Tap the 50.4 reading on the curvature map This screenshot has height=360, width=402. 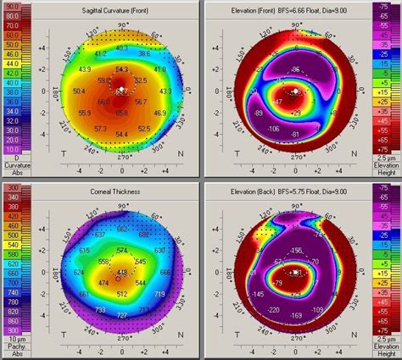pos(80,90)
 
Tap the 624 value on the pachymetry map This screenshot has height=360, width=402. pos(79,273)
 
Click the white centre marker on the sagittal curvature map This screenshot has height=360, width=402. pos(120,88)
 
